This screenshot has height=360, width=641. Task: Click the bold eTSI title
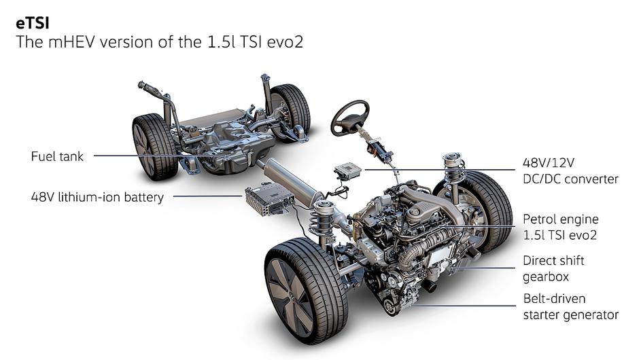pyautogui.click(x=33, y=23)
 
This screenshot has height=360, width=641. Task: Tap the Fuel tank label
pyautogui.click(x=57, y=156)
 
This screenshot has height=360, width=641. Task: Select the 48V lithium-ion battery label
pyautogui.click(x=97, y=197)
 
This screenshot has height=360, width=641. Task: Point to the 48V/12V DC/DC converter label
pyautogui.click(x=570, y=170)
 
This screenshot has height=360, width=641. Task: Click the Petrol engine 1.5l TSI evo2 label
pyautogui.click(x=561, y=227)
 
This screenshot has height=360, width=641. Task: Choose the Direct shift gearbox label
pyautogui.click(x=553, y=268)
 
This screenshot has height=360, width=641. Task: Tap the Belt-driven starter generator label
pyautogui.click(x=571, y=306)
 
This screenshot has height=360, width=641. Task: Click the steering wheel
pyautogui.click(x=350, y=118)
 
